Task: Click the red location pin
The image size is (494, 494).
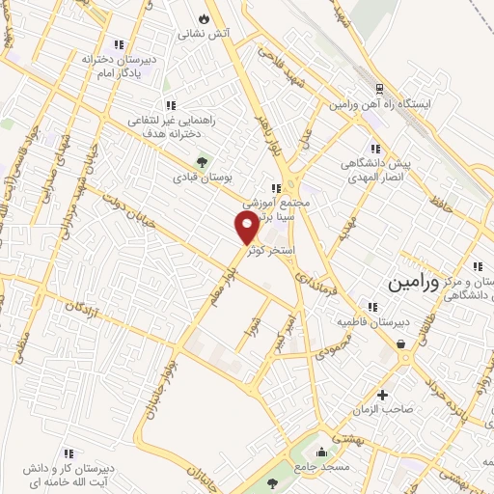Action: pyautogui.click(x=246, y=226)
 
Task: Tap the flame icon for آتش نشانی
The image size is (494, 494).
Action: pyautogui.click(x=203, y=18)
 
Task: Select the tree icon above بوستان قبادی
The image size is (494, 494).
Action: pyautogui.click(x=201, y=163)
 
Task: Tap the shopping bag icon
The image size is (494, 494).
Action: pyautogui.click(x=399, y=343)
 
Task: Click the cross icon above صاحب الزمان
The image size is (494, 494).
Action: pyautogui.click(x=383, y=394)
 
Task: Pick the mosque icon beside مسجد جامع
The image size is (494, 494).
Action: pyautogui.click(x=321, y=452)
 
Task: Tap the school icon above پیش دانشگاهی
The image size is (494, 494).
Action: pyautogui.click(x=375, y=149)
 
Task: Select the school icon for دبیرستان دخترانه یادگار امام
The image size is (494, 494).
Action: pyautogui.click(x=119, y=44)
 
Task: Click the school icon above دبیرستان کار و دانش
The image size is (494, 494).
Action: pyautogui.click(x=69, y=452)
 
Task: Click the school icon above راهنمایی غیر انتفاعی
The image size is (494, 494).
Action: pyautogui.click(x=170, y=105)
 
